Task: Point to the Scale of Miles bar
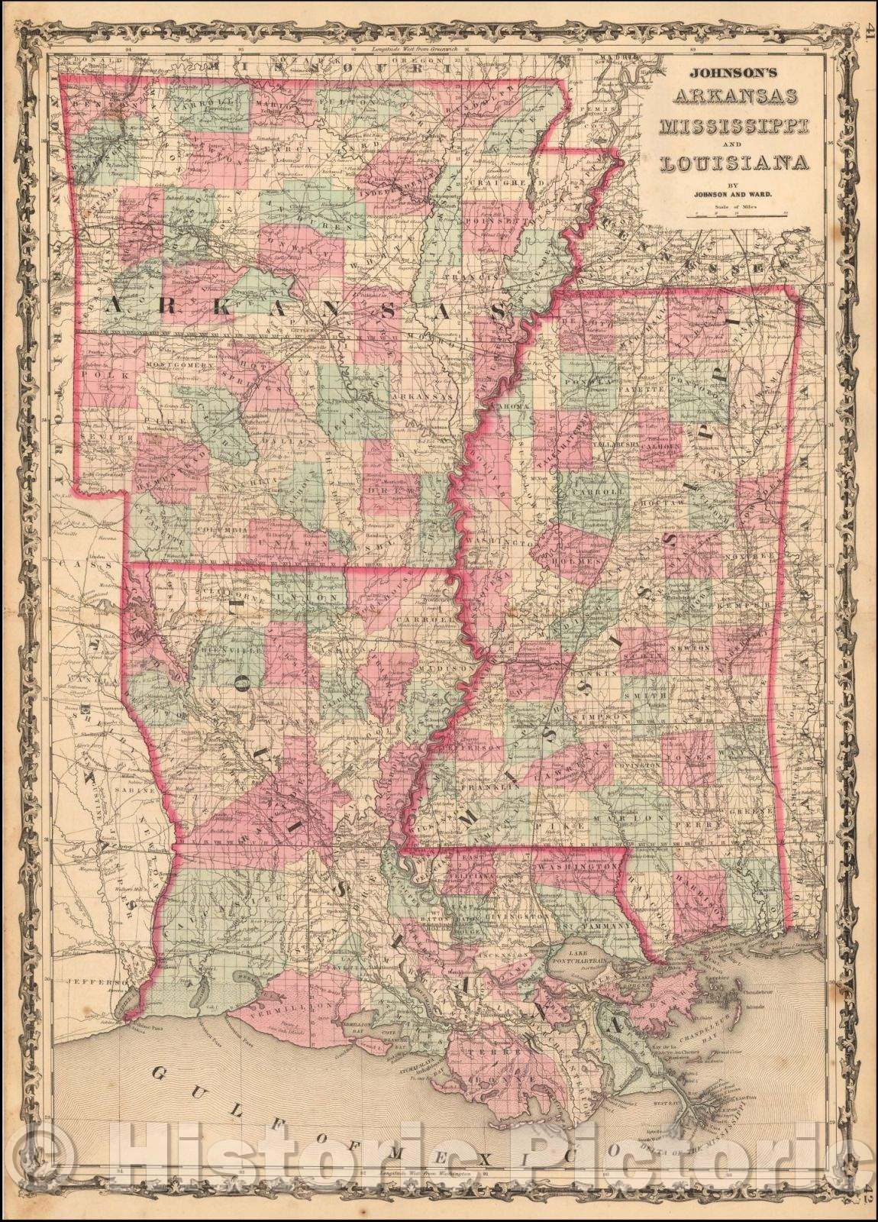(738, 216)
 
